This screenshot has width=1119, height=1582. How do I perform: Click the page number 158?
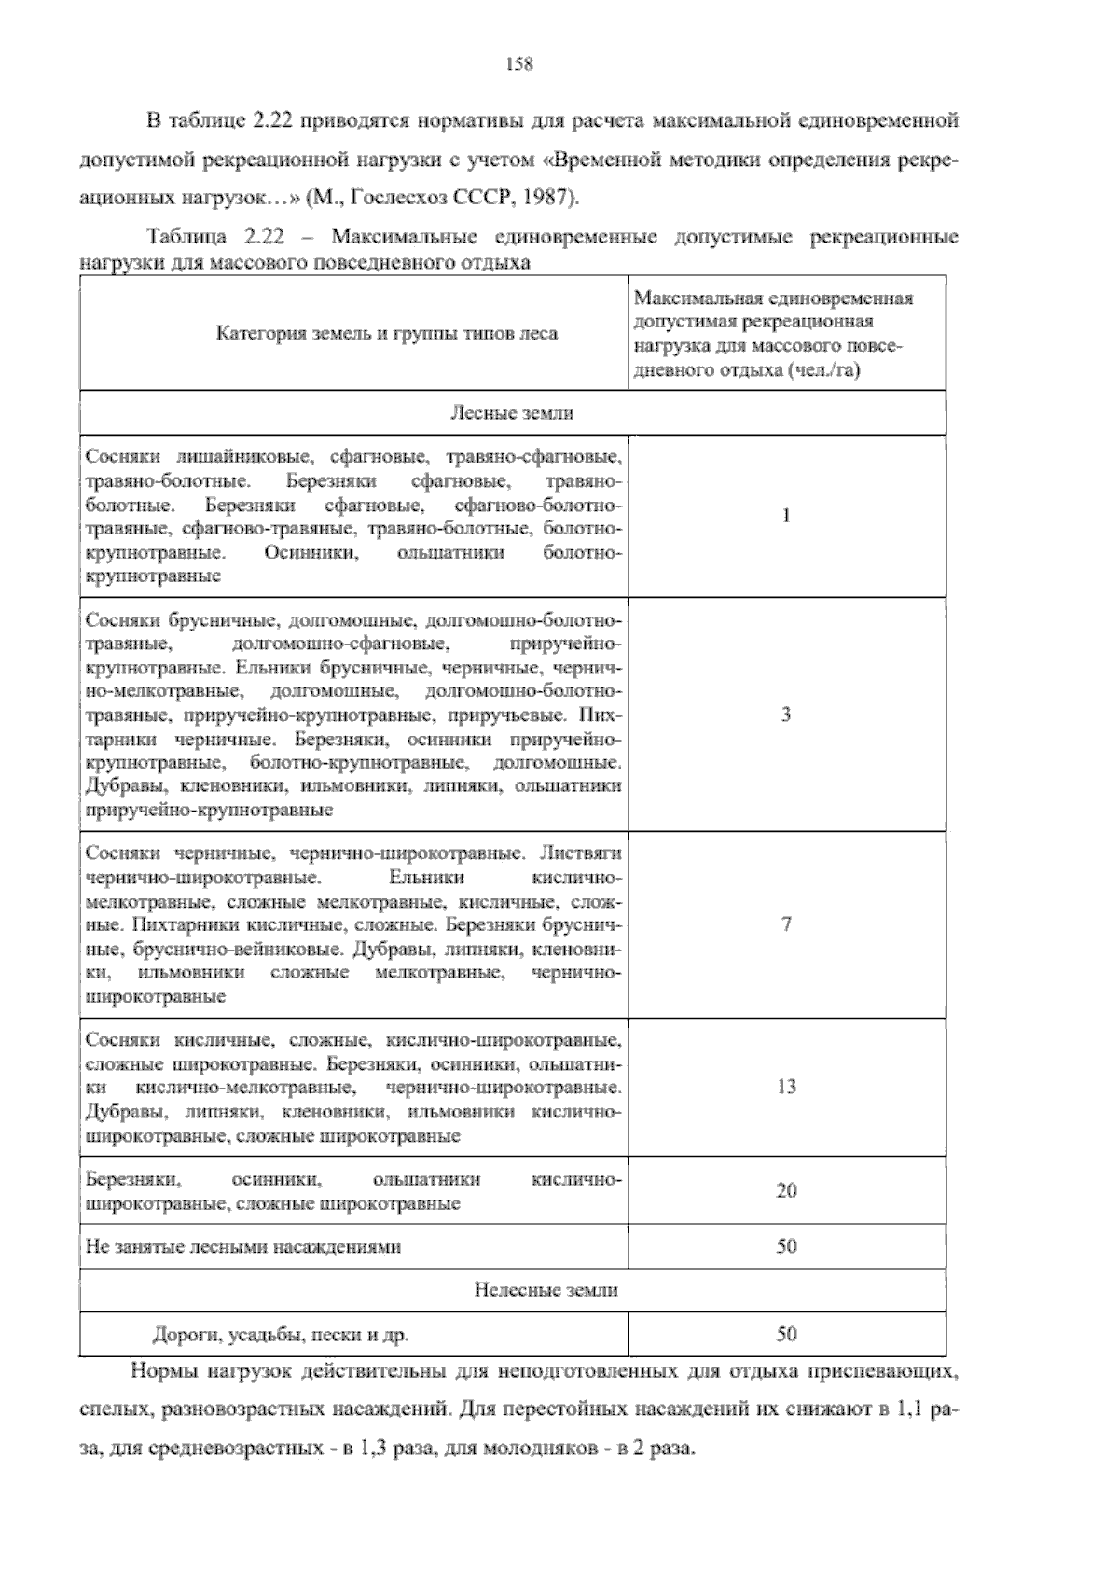click(x=518, y=64)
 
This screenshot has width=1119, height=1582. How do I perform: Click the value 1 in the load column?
click(x=786, y=515)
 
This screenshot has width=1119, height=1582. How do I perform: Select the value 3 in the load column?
click(x=786, y=715)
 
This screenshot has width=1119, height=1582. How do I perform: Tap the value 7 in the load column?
click(x=786, y=924)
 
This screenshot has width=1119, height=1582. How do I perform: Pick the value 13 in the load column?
click(x=786, y=1086)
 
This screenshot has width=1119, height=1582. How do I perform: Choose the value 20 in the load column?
click(x=786, y=1190)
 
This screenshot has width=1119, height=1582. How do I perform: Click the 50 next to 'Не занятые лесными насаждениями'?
click(x=786, y=1246)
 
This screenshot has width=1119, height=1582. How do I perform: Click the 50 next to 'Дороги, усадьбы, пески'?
click(x=786, y=1334)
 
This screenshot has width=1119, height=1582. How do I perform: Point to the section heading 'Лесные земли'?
click(x=512, y=412)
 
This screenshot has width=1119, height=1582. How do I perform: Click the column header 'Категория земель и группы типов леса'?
click(x=387, y=333)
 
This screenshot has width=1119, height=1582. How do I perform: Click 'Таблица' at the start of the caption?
click(x=182, y=237)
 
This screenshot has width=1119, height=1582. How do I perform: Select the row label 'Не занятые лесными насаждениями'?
click(x=243, y=1246)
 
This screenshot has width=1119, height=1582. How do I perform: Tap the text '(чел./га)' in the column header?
click(x=822, y=370)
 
